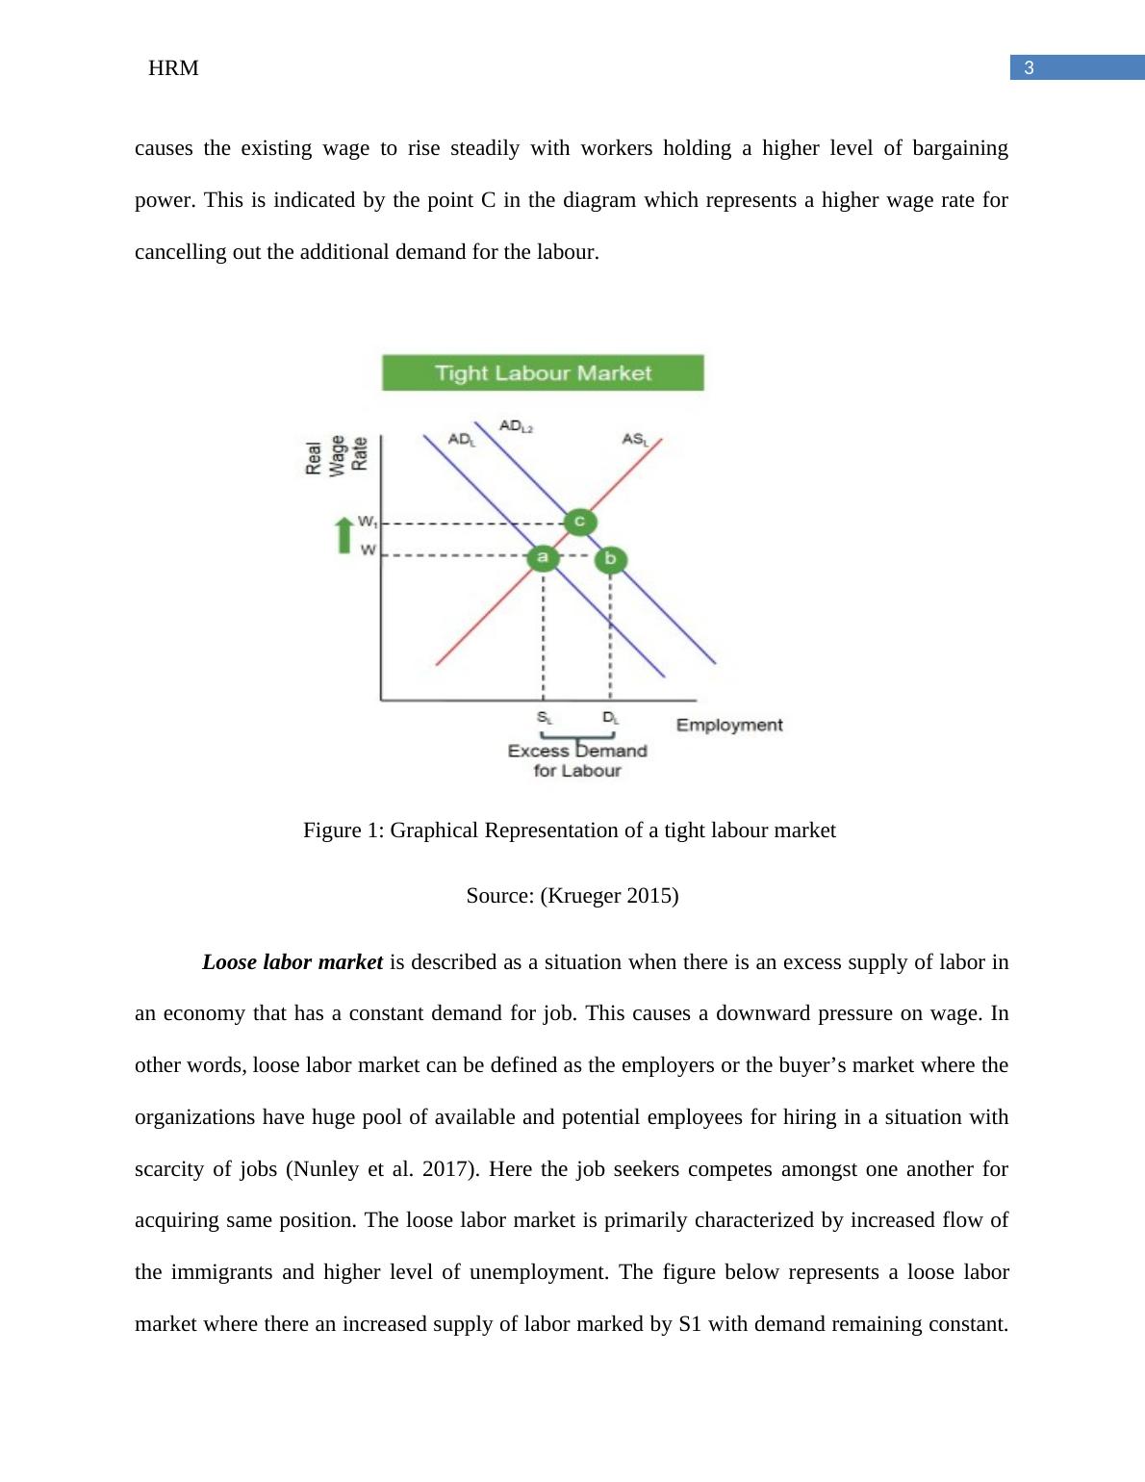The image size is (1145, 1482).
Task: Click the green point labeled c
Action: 579,522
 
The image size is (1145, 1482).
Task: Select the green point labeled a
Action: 543,556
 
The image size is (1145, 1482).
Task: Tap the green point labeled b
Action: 610,559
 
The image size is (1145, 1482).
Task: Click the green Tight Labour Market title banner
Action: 543,372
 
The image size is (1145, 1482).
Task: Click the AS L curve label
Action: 635,440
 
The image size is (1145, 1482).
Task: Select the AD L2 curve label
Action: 516,425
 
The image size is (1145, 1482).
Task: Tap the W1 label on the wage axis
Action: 367,522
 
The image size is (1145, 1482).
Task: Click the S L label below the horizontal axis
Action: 545,718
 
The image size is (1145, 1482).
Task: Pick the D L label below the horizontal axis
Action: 611,718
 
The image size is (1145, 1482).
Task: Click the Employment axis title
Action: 729,725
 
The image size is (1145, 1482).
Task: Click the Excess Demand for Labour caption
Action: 577,760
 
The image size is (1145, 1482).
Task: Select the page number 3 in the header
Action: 1029,67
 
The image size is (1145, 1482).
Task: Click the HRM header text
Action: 174,68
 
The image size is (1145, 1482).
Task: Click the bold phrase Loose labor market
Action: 293,962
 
